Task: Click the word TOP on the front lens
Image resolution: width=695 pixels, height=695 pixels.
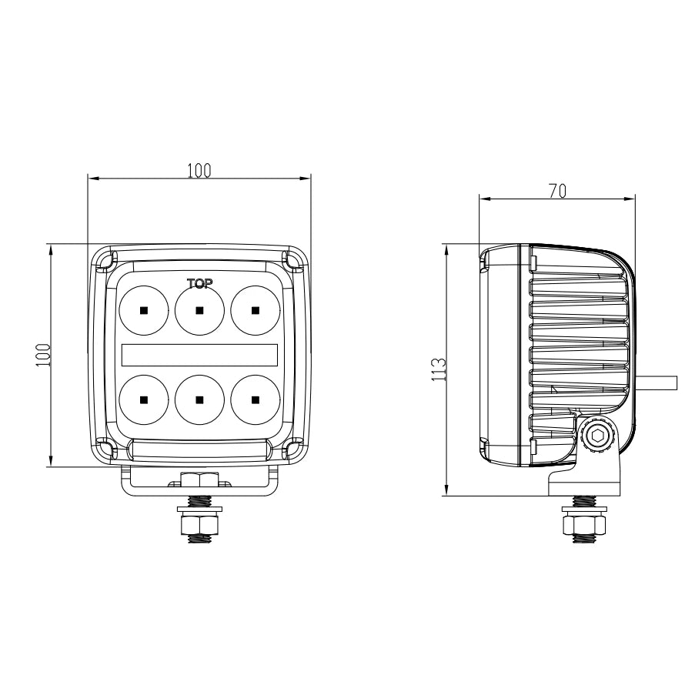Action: tap(199, 283)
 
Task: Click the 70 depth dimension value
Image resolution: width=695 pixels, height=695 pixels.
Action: tap(558, 191)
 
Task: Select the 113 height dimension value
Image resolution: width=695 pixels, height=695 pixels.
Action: tap(438, 369)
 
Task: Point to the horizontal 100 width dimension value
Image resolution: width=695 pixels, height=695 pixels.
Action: tap(199, 170)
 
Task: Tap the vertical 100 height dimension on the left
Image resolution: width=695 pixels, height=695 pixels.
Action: tap(43, 355)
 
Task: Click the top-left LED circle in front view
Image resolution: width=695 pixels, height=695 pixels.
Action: tap(144, 309)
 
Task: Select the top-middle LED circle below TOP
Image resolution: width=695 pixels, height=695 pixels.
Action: tap(199, 309)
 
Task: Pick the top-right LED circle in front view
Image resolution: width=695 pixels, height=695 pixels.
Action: tap(255, 309)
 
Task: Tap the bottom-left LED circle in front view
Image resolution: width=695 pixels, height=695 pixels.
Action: tap(144, 399)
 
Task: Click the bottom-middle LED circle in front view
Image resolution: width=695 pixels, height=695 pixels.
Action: tap(199, 399)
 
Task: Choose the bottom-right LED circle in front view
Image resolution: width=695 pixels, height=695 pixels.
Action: tap(255, 399)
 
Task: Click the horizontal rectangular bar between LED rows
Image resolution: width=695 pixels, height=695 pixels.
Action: tap(199, 354)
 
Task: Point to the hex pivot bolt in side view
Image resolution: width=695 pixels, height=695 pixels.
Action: tap(596, 436)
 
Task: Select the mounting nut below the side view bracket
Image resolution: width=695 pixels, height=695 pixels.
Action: tap(584, 526)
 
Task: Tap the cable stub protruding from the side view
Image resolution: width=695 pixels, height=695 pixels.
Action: tap(657, 382)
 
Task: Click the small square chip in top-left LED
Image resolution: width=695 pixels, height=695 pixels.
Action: tap(144, 310)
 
